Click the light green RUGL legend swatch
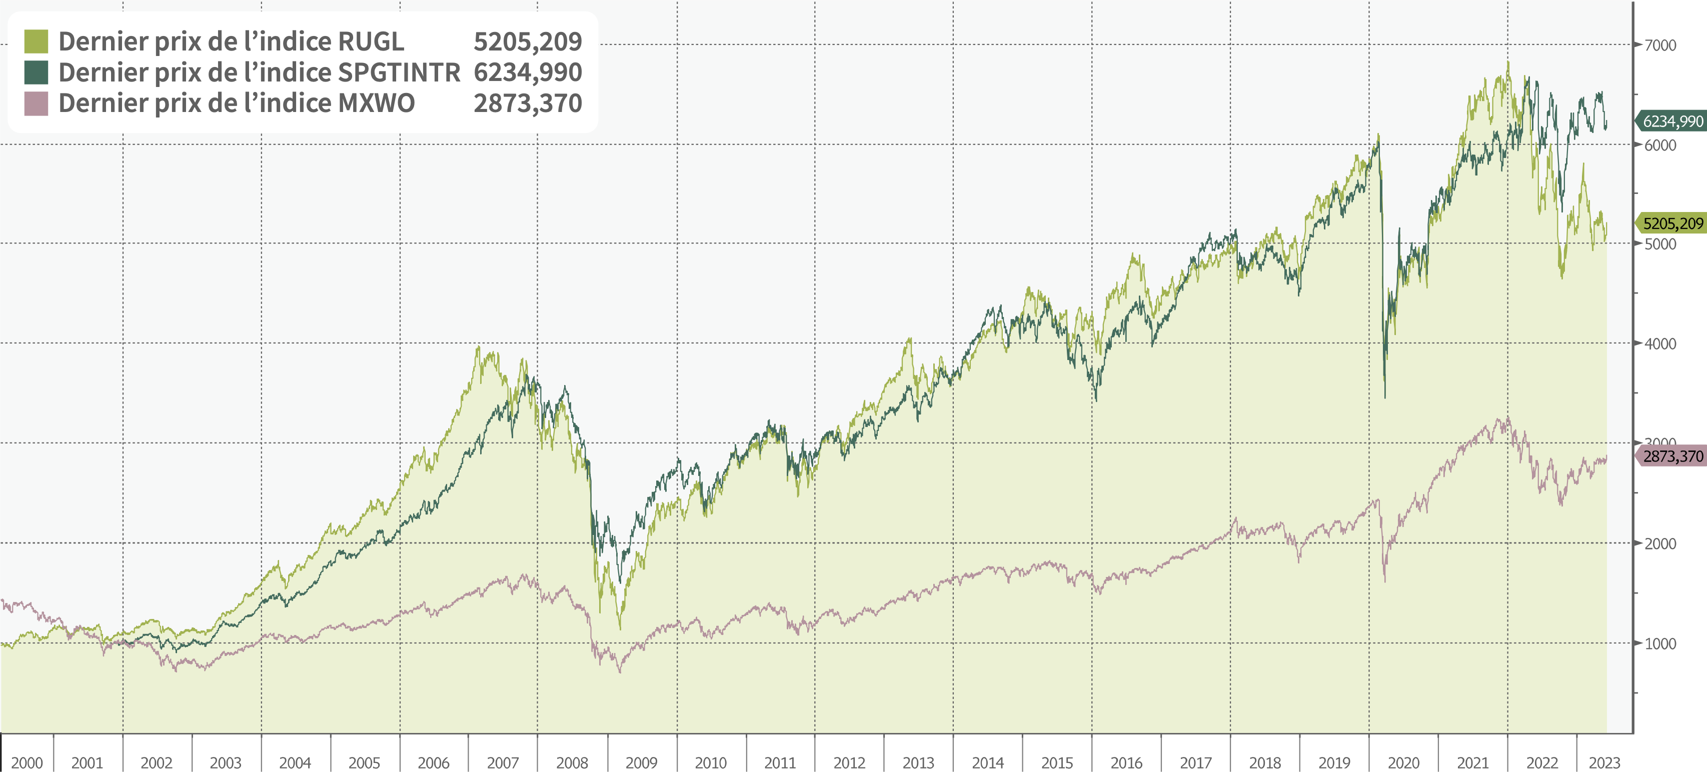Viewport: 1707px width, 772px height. pos(36,41)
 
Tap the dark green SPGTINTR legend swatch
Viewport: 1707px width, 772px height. pos(36,72)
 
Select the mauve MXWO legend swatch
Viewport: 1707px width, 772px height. pos(36,103)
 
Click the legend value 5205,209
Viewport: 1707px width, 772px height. pos(528,41)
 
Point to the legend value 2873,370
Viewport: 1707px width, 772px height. pos(528,103)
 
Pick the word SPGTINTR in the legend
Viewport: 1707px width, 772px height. pos(399,72)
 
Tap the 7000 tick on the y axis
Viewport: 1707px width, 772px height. pos(1660,45)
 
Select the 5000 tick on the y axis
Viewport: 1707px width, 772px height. pos(1660,244)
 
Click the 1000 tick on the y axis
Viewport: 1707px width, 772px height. pos(1660,643)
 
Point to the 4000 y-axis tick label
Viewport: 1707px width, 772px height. pos(1660,344)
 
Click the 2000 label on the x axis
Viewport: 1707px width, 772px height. pos(27,762)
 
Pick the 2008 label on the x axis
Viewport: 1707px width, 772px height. pos(572,762)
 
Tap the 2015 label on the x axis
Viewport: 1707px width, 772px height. pos(1057,762)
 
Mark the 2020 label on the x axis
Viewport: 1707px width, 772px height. pos(1403,762)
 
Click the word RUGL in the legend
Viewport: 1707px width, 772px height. pos(371,41)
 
